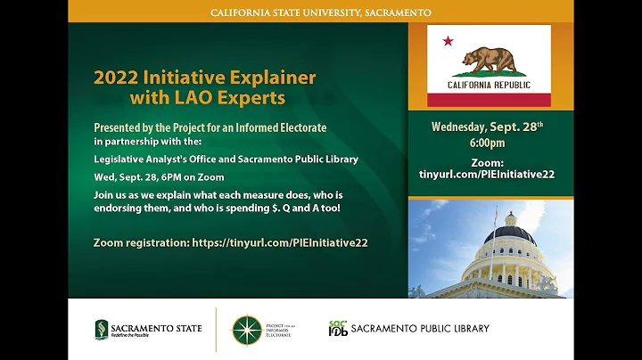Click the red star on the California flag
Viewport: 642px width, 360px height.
click(x=448, y=41)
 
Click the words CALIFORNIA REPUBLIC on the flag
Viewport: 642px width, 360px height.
click(x=488, y=86)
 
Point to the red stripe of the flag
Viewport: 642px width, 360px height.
click(x=488, y=100)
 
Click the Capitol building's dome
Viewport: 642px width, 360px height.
click(x=509, y=233)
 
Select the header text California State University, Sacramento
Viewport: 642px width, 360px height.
click(x=321, y=12)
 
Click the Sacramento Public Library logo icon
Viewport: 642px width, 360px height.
click(x=337, y=329)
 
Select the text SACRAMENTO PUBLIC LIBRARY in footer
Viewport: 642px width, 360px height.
click(x=420, y=329)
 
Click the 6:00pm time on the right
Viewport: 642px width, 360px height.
click(x=488, y=143)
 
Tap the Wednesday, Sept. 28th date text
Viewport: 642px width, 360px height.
click(x=487, y=127)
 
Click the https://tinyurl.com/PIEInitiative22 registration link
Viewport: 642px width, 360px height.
click(x=280, y=241)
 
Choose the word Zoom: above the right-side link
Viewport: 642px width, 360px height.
click(x=487, y=162)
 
